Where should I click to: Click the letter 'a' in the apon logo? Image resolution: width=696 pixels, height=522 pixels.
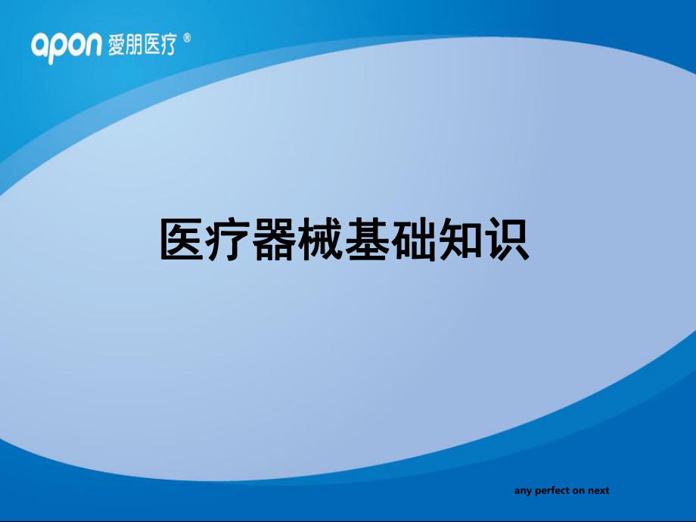coord(40,45)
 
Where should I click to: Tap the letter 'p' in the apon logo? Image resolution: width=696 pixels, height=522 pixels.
coord(57,49)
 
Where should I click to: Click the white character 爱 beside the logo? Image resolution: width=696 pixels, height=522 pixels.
coord(117,45)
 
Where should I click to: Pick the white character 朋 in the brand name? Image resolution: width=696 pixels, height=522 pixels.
coord(134,45)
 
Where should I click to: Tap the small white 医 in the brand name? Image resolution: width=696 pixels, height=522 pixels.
coord(151,45)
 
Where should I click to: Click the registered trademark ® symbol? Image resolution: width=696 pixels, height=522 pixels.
coord(187,38)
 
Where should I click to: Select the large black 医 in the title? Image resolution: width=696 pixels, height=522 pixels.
coord(182,239)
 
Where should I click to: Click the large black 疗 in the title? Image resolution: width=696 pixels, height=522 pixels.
coord(228,239)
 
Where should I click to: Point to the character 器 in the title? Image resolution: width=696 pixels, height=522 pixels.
coord(275,239)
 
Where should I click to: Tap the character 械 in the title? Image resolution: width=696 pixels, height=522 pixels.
coord(321,239)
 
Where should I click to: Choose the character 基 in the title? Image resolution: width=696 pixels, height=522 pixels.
coord(367,239)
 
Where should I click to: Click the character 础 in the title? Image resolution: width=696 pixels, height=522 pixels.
coord(414,239)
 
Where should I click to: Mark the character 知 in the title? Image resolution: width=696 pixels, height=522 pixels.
coord(460,239)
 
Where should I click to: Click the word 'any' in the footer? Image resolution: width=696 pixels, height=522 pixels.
coord(524,492)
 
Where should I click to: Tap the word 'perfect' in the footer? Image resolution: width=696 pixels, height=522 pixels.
coord(552,491)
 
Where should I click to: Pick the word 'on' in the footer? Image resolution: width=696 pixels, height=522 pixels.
coord(579,491)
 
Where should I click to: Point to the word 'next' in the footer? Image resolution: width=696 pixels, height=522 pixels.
coord(598,490)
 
